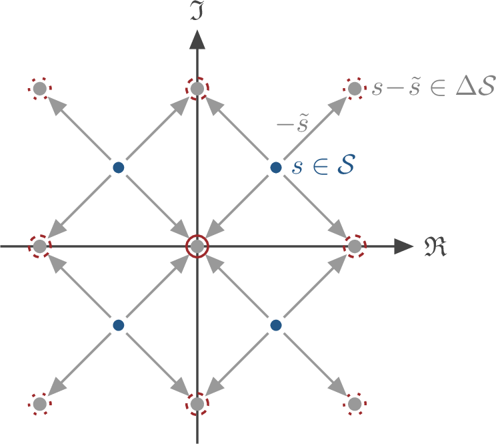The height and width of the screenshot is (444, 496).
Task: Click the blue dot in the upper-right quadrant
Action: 275,167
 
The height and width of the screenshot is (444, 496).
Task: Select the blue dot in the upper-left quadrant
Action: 118,167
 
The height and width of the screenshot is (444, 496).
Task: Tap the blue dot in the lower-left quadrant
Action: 118,325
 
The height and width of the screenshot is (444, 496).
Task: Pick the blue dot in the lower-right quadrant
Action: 275,325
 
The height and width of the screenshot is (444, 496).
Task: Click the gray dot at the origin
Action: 197,246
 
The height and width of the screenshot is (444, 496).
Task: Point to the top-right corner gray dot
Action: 355,88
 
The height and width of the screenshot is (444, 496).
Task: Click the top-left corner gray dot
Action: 39,88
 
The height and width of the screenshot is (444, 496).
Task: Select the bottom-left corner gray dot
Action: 39,404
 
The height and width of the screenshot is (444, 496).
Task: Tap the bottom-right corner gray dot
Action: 355,404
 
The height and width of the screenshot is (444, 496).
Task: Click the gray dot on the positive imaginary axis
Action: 197,88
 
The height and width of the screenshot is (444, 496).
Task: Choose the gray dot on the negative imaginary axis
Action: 197,404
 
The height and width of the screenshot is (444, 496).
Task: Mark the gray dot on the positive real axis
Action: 355,246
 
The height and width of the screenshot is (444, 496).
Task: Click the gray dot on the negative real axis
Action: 39,246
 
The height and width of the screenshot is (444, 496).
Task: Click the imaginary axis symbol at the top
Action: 197,10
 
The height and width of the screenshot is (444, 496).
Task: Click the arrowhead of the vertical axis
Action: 197,40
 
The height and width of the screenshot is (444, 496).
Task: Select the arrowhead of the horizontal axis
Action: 404,246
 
